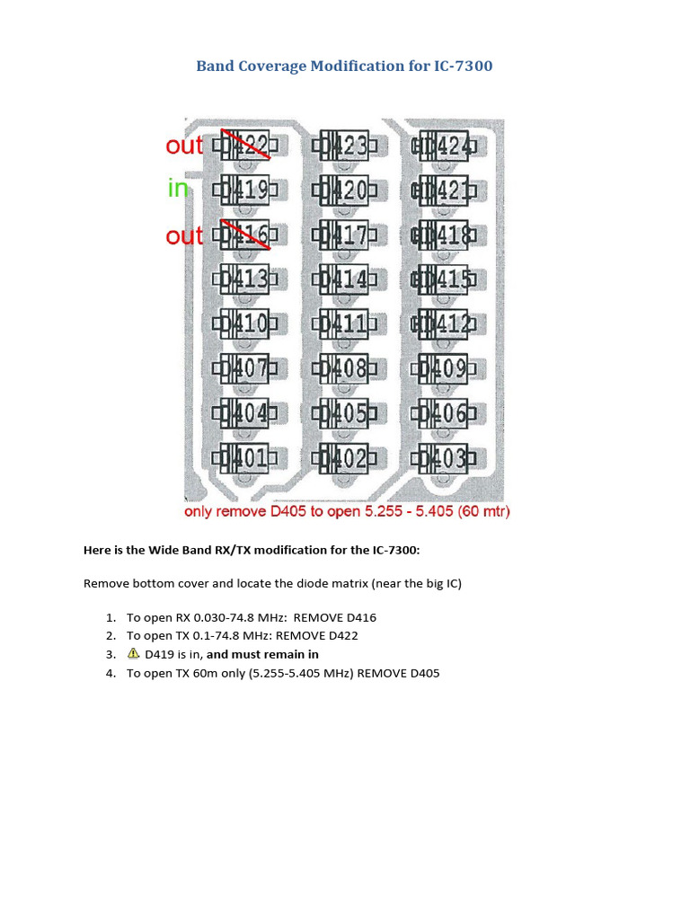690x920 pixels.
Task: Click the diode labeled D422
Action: [x=244, y=146]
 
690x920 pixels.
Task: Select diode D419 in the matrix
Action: [x=244, y=190]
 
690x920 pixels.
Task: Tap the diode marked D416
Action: [x=244, y=235]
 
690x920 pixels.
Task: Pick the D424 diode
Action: [x=443, y=146]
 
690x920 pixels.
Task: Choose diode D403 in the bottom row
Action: [x=443, y=459]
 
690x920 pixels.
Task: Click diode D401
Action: [x=244, y=459]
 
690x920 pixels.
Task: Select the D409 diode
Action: [x=443, y=368]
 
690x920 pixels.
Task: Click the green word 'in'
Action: [x=178, y=189]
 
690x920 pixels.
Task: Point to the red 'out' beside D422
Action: [x=184, y=146]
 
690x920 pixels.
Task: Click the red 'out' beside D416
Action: [x=184, y=236]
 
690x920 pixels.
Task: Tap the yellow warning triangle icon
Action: [x=134, y=654]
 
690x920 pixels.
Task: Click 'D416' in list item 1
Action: [x=358, y=617]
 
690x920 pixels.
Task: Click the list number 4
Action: [x=111, y=673]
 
